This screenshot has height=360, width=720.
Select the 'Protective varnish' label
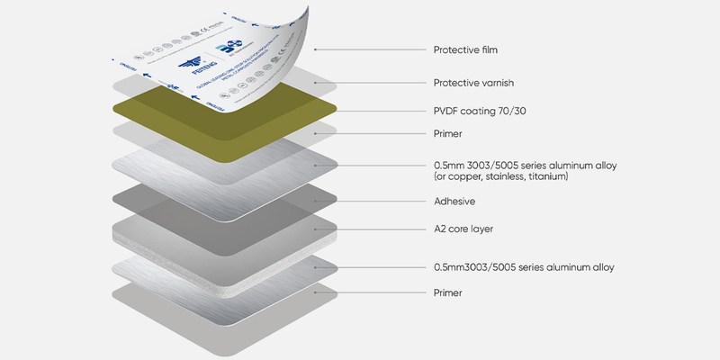pyautogui.click(x=472, y=83)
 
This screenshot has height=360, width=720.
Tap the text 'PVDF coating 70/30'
pyautogui.click(x=478, y=112)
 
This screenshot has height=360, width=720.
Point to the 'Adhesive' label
pyautogui.click(x=454, y=202)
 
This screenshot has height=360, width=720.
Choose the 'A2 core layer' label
pyautogui.click(x=463, y=229)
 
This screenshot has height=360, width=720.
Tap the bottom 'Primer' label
pyautogui.click(x=448, y=292)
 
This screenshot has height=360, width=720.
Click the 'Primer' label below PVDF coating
pyautogui.click(x=448, y=134)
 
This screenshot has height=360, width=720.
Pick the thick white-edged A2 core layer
pyautogui.click(x=225, y=232)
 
